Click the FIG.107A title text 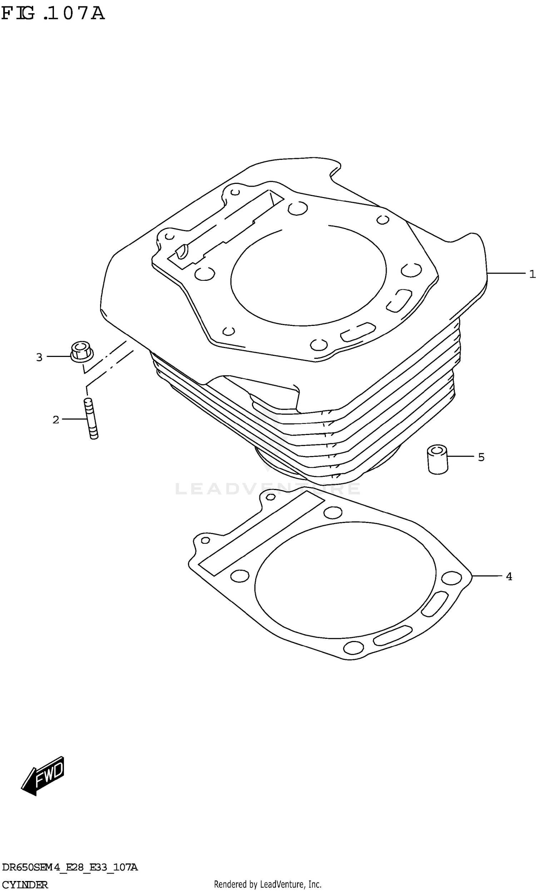pyautogui.click(x=53, y=13)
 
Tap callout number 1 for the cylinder pyautogui.click(x=532, y=274)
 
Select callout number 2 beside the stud pyautogui.click(x=56, y=420)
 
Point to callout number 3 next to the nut pyautogui.click(x=39, y=357)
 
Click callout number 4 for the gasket pyautogui.click(x=509, y=577)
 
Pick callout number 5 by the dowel pyautogui.click(x=481, y=457)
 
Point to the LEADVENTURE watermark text pyautogui.click(x=267, y=489)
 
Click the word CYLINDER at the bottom pyautogui.click(x=25, y=882)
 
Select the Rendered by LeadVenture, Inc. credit pyautogui.click(x=268, y=882)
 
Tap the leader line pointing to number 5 pyautogui.click(x=461, y=456)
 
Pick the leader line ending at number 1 pyautogui.click(x=506, y=273)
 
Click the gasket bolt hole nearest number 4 pyautogui.click(x=451, y=578)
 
